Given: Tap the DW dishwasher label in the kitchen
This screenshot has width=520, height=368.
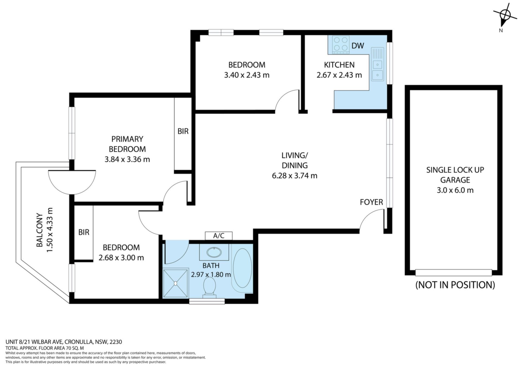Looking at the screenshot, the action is (357, 46).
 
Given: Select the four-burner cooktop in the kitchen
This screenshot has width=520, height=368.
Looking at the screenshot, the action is (341, 44).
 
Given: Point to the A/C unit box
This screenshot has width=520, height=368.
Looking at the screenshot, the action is (219, 236).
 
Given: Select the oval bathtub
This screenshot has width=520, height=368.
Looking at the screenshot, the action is (242, 268).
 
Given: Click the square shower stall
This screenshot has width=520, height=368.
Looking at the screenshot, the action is (175, 283).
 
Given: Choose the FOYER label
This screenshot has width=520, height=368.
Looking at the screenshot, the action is (371, 202).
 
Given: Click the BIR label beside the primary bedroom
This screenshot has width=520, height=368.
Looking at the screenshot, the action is (183, 131).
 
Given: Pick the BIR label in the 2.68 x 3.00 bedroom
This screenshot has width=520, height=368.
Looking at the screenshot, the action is (84, 232).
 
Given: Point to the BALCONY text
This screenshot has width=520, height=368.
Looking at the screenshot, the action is (40, 230).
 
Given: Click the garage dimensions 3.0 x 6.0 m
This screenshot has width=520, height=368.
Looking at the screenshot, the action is (455, 190).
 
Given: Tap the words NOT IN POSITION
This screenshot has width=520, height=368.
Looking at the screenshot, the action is (455, 285).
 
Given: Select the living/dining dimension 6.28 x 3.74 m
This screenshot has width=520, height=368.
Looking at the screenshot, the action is (295, 176).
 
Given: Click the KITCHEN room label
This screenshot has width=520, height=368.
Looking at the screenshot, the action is (339, 65).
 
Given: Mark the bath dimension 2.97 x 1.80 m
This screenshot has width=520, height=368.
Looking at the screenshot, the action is (211, 275).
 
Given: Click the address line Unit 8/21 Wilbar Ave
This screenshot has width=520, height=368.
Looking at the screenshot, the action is (64, 342).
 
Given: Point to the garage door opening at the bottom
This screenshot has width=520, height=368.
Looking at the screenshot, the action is (454, 273).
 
